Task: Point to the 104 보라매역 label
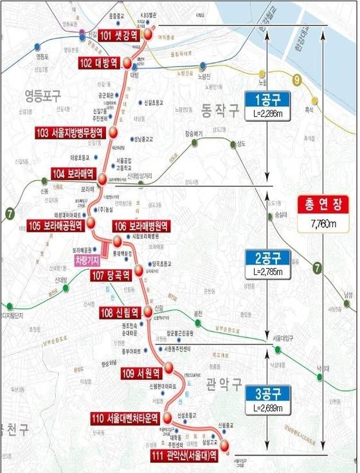pos(74,174)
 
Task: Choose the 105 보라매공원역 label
pos(56,226)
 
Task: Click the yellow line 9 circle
pos(296,80)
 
